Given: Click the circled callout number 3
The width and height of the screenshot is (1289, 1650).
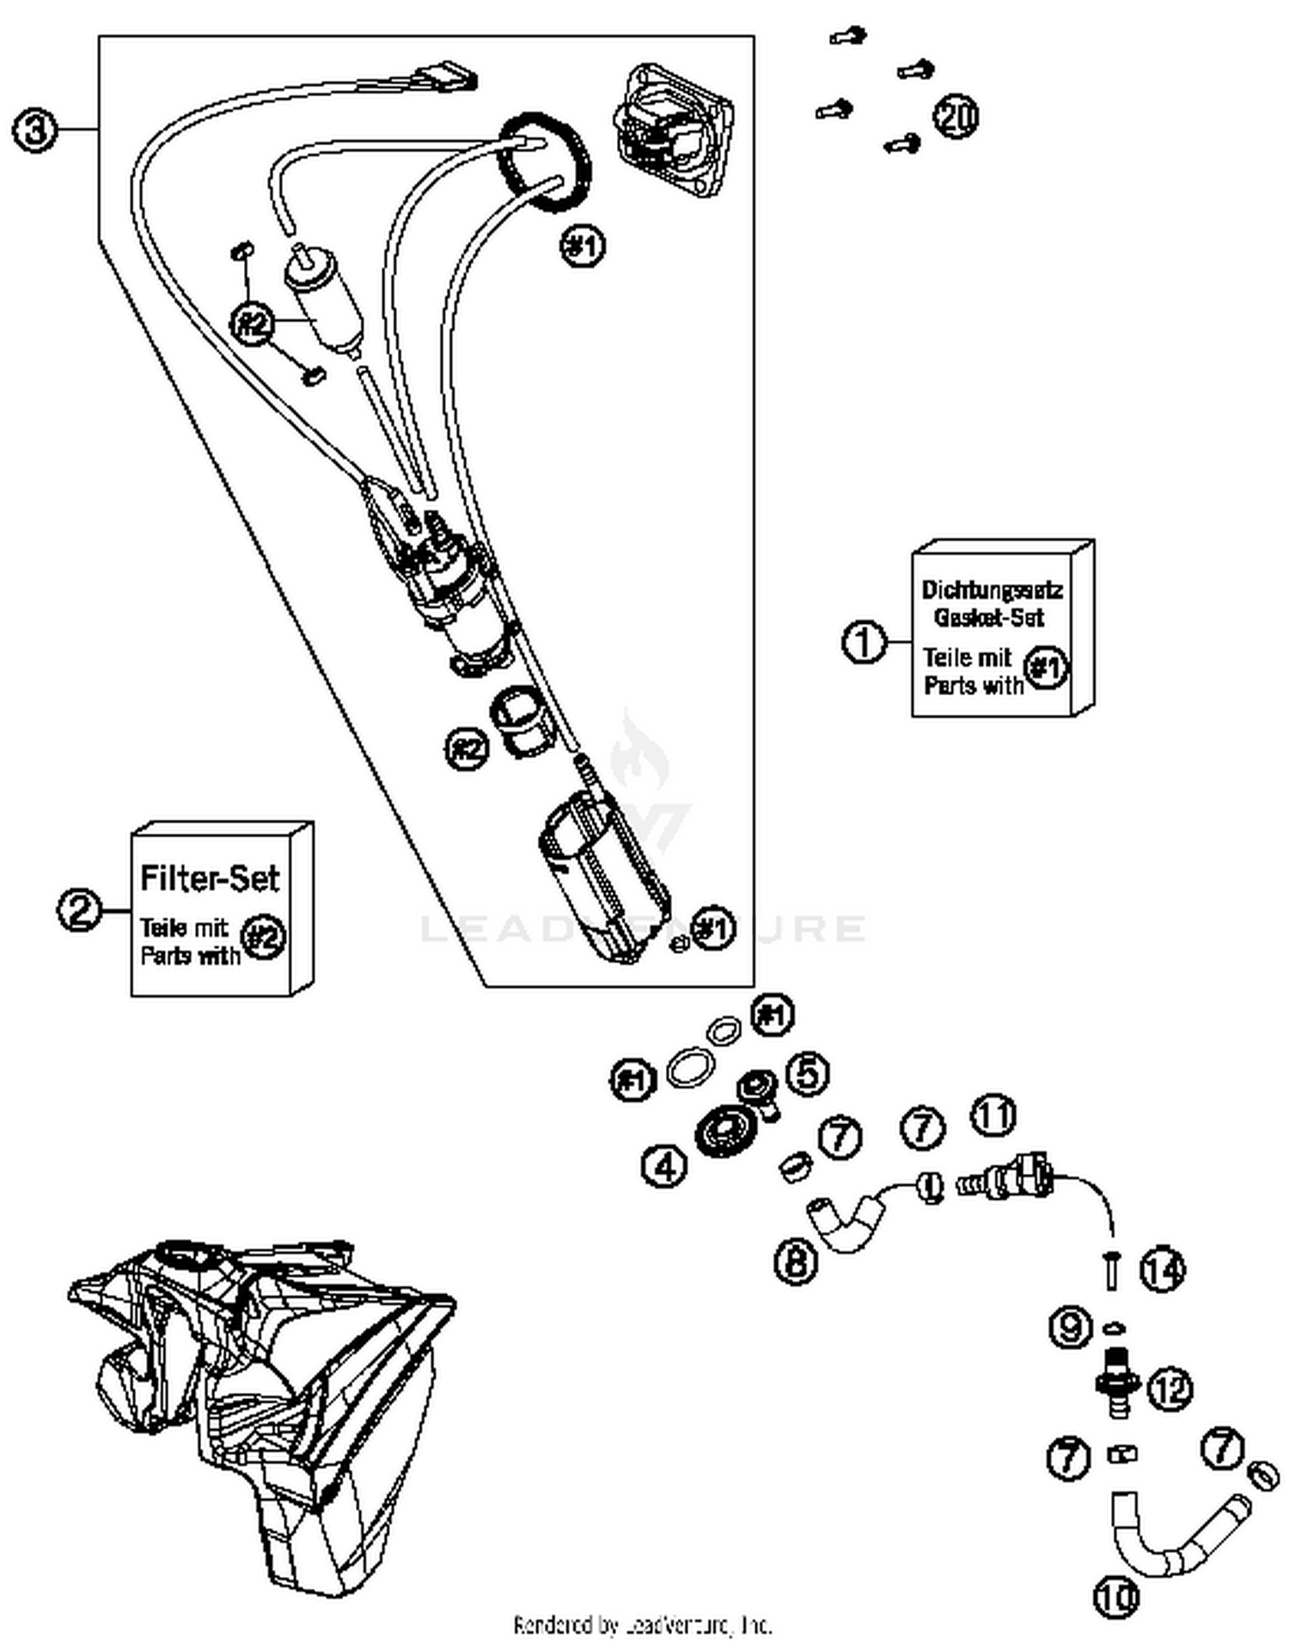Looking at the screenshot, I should tap(34, 131).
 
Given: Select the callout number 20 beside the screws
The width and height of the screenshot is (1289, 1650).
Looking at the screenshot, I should tap(956, 115).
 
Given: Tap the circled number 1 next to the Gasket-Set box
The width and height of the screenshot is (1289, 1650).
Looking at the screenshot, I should tap(864, 642).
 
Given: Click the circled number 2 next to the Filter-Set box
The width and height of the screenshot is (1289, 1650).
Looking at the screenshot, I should tap(80, 910).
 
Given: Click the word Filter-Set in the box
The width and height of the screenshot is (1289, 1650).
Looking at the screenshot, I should tap(210, 878).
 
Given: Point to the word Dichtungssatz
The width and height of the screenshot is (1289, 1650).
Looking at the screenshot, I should tap(992, 590).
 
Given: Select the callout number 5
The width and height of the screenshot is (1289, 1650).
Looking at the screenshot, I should tap(809, 1072).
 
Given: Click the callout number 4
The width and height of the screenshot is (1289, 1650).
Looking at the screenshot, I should tap(664, 1165).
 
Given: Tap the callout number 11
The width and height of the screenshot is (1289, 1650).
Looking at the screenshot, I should tap(993, 1115).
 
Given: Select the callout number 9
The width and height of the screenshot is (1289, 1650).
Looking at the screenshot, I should tap(1071, 1328).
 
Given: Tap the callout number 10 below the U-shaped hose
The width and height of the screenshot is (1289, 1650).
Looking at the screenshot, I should tap(1115, 1596).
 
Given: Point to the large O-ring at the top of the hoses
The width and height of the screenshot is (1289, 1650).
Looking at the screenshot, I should tap(545, 162).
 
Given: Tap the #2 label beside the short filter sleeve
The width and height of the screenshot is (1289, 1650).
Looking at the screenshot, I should tap(467, 749).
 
